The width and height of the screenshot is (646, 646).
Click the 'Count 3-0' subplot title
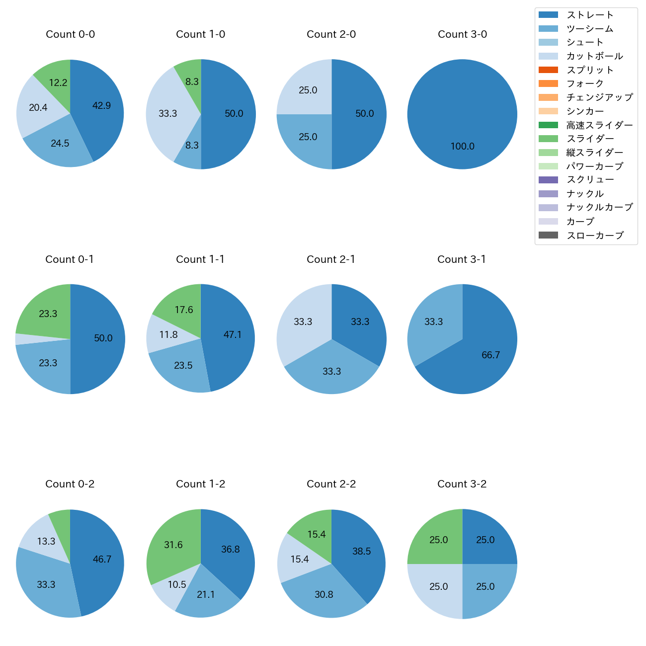click(x=462, y=34)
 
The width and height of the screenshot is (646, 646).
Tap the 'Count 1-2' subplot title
click(x=200, y=484)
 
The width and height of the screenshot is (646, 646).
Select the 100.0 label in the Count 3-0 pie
click(x=462, y=146)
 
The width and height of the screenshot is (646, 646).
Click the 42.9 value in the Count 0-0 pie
click(x=101, y=105)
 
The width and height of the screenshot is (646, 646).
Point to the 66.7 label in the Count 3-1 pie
click(x=490, y=355)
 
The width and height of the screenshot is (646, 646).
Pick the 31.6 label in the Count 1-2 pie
click(x=173, y=545)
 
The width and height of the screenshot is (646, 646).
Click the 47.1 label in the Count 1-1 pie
click(x=233, y=334)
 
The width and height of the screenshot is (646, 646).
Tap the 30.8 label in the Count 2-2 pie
click(x=323, y=594)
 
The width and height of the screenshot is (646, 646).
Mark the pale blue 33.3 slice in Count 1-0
click(x=166, y=113)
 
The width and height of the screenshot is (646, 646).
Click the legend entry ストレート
click(x=590, y=15)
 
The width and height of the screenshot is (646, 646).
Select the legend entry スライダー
click(x=590, y=139)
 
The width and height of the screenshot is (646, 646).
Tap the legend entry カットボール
click(x=594, y=56)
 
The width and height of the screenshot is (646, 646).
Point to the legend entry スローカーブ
click(x=595, y=235)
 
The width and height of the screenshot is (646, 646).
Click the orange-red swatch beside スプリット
click(x=548, y=70)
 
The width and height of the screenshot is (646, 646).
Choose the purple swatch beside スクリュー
click(x=548, y=180)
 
